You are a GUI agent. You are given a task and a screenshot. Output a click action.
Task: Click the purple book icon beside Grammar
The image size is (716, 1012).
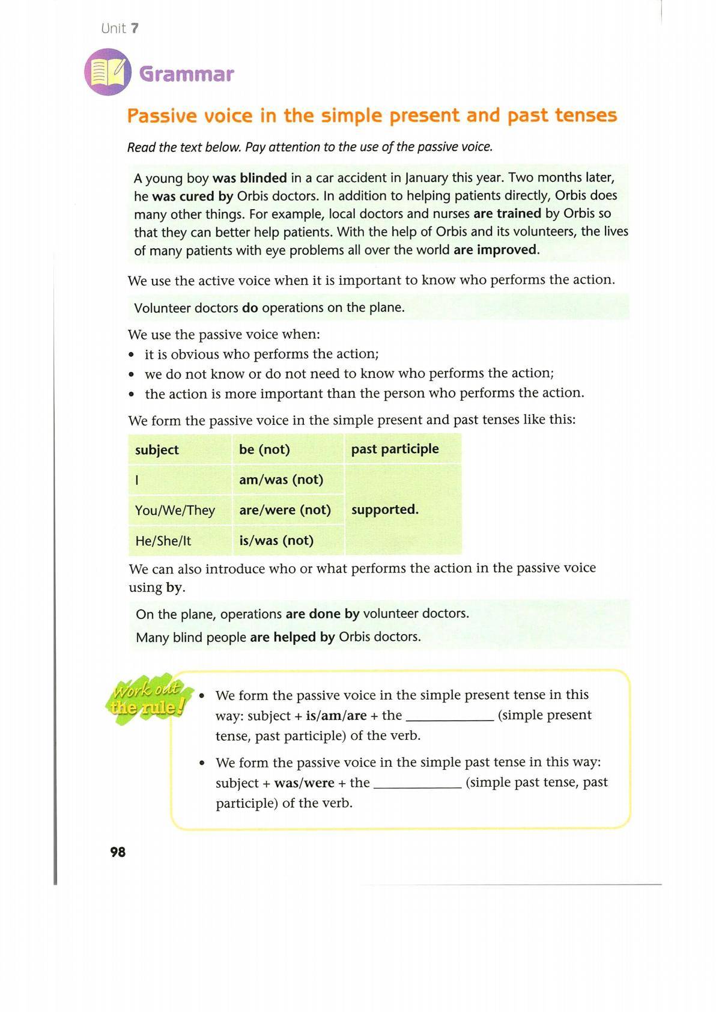[x=108, y=73]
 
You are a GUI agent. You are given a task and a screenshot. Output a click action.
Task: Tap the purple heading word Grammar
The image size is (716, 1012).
[x=186, y=74]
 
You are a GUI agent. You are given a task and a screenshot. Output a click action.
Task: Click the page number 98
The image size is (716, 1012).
[x=118, y=852]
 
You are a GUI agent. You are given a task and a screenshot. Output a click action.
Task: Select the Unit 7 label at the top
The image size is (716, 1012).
[x=120, y=28]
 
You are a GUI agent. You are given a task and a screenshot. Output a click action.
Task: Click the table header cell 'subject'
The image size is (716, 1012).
[x=157, y=450]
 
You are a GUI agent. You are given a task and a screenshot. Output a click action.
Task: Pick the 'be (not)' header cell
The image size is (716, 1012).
[x=264, y=450]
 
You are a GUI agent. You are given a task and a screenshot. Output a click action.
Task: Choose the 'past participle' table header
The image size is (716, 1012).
[x=395, y=449]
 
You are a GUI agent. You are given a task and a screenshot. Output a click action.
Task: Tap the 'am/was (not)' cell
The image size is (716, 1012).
[x=281, y=480]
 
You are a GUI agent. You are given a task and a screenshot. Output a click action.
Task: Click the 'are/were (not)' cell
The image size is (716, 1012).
[x=285, y=510]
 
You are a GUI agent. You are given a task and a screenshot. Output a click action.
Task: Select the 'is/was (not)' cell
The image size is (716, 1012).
[x=276, y=540]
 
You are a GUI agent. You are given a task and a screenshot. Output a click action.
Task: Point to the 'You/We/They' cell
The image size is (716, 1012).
[x=175, y=510]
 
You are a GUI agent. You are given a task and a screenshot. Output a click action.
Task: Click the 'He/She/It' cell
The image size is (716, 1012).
[x=163, y=541]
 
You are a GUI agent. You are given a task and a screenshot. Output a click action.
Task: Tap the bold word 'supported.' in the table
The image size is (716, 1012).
[x=384, y=510]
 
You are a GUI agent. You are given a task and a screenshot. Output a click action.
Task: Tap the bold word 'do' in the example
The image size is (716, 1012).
[x=250, y=308]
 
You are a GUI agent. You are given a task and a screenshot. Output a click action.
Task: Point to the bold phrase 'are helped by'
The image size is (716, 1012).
[x=292, y=637]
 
